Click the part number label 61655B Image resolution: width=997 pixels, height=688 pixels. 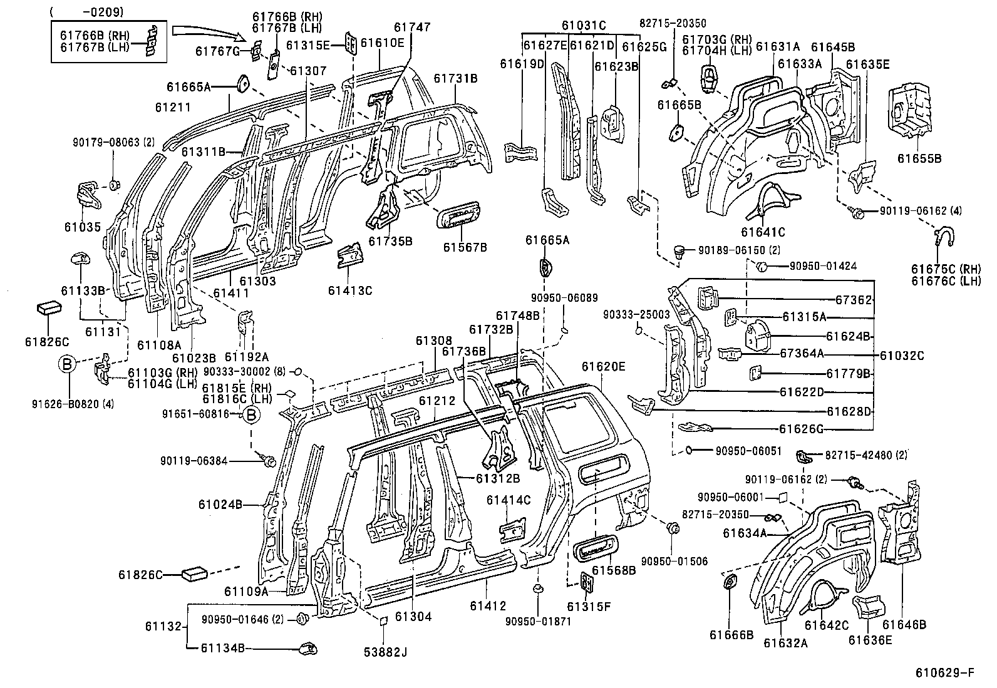coord(919,158)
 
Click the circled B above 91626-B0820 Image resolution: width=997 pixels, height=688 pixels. coord(68,364)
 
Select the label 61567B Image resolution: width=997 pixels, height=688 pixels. coord(465,247)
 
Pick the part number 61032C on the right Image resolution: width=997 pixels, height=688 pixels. coord(903,355)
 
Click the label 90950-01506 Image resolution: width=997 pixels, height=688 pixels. coord(674,561)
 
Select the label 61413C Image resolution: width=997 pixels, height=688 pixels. coord(350,290)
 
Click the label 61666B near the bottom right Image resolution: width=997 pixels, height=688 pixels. coord(731,634)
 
